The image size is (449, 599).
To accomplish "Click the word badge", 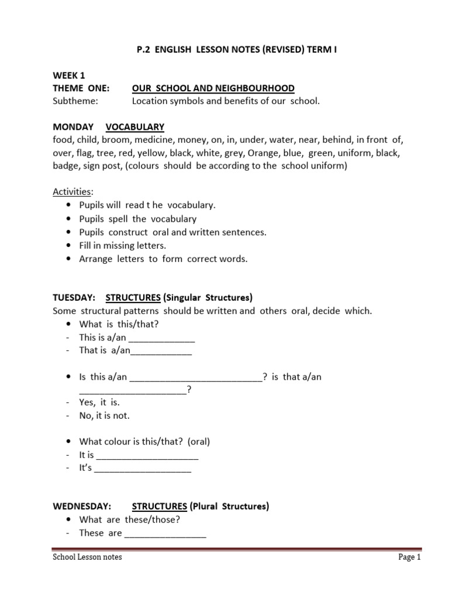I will tap(65, 166).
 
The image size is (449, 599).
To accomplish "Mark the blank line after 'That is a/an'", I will tap(161, 352).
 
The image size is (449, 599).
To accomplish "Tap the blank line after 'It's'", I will tap(143, 469).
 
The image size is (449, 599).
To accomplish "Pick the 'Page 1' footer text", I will tap(410, 557).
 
